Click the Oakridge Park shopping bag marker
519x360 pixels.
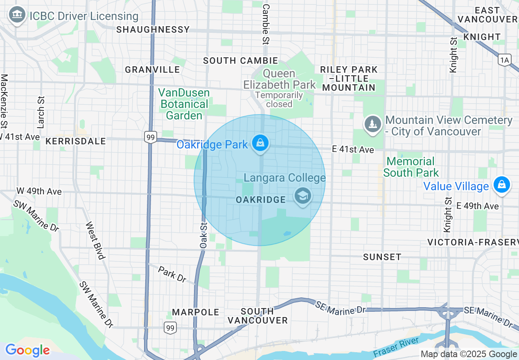tap(260, 143)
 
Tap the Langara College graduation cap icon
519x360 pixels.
tap(302, 196)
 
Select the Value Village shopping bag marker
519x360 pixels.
tap(501, 184)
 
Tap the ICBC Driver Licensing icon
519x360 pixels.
tap(17, 16)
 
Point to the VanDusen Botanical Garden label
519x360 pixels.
tap(184, 104)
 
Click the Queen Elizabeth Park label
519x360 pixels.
tap(280, 79)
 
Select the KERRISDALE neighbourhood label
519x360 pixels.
tap(76, 141)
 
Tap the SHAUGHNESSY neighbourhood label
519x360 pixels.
tap(153, 29)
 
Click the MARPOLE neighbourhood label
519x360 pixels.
tap(196, 312)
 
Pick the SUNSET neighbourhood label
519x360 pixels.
tap(382, 257)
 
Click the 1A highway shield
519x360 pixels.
tap(505, 60)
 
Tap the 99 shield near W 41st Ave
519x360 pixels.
tap(151, 137)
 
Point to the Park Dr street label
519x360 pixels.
tap(172, 274)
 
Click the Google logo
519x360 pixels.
tap(27, 350)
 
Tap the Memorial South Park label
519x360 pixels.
tap(411, 167)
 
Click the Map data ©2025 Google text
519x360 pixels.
tap(469, 354)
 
